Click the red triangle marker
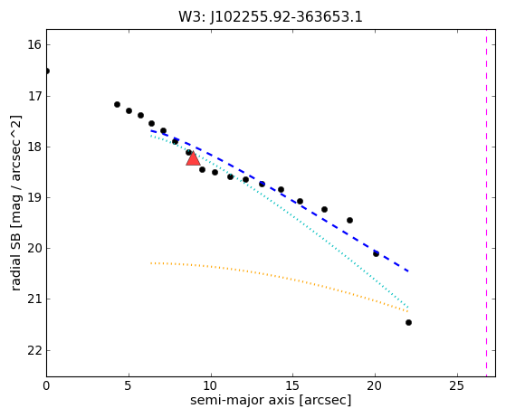click(193, 158)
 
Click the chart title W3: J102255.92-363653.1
click(271, 17)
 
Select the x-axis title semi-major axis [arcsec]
click(271, 400)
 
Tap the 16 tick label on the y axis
click(34, 45)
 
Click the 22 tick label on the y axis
click(34, 350)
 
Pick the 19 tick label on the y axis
click(34, 198)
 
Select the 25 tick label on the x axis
click(457, 385)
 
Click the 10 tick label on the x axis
click(211, 385)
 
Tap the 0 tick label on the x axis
click(46, 385)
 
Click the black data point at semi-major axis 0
click(47, 71)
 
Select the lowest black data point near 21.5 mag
click(408, 322)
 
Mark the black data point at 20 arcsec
click(376, 254)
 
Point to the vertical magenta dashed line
click(487, 204)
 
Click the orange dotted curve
click(280, 277)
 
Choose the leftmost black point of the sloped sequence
click(117, 105)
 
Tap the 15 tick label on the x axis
click(292, 385)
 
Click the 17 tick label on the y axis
click(34, 96)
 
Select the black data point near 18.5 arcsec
click(349, 220)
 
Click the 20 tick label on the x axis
click(375, 385)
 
